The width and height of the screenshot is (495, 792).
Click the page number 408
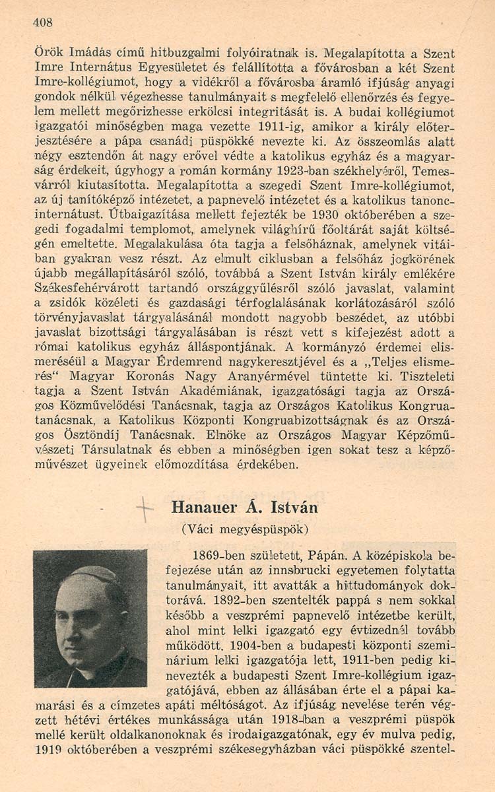(x=42, y=22)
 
